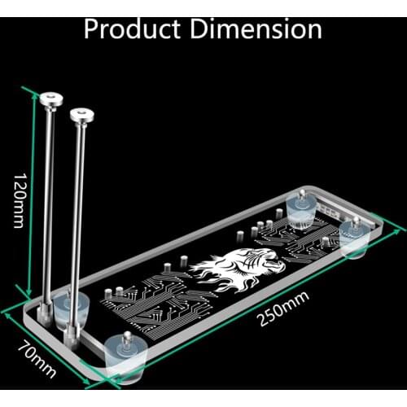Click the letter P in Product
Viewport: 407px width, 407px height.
click(93, 29)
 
